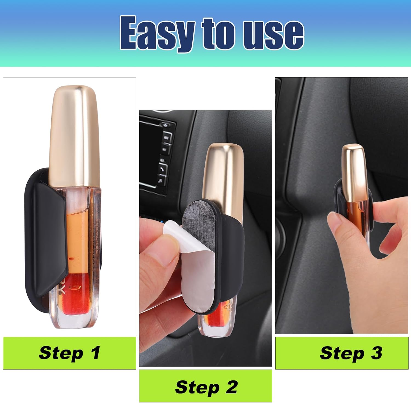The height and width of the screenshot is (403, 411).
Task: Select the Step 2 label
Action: click(x=206, y=387)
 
